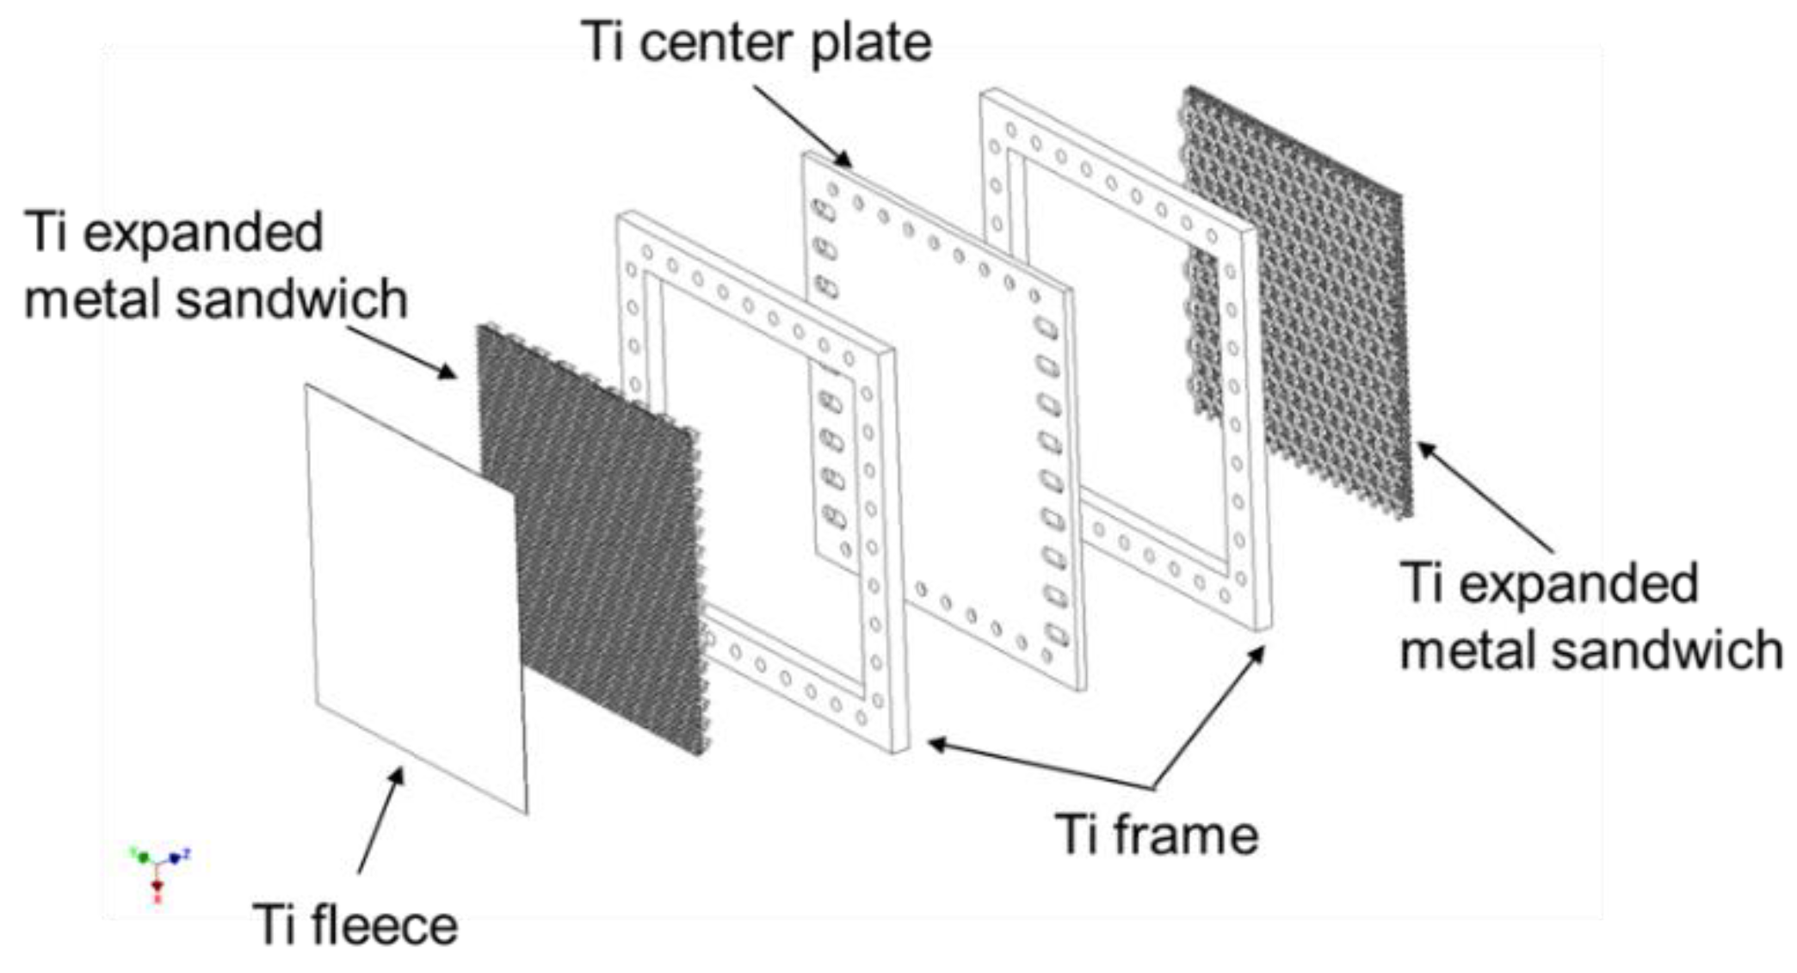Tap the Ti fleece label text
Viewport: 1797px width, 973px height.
[355, 925]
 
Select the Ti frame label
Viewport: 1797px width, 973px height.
[1156, 834]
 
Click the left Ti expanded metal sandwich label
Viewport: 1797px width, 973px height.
[215, 265]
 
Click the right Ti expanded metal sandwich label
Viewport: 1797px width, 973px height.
[1590, 616]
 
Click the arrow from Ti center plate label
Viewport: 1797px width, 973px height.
[802, 126]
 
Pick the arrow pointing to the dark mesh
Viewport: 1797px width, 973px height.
[401, 352]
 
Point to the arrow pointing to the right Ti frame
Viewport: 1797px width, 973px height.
[1208, 717]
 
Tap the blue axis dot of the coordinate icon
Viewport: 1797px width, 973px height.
[175, 858]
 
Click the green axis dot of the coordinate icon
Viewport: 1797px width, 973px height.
[143, 858]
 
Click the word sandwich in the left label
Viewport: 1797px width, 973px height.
[292, 299]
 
